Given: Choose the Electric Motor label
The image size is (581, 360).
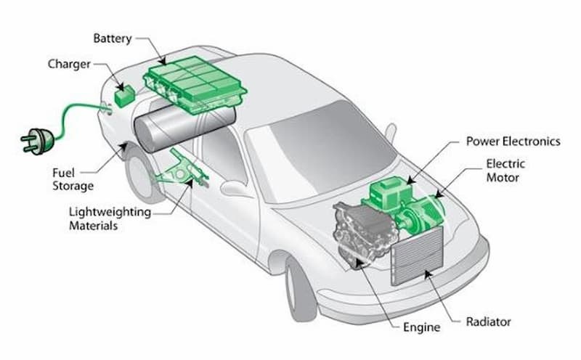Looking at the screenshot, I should pos(505,171).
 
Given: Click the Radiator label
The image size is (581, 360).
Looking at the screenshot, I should pos(488,321).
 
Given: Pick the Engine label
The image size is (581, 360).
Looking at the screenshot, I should pos(421,327).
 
